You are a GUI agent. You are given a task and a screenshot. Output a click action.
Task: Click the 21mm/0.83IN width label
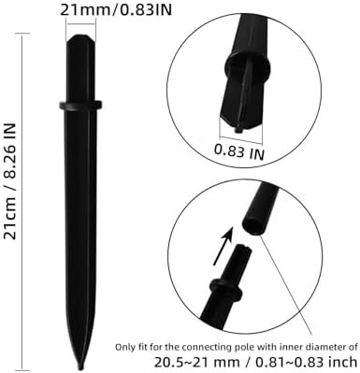pos(116,10)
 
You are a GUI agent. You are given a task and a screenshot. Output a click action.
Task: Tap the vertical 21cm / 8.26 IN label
pos(10,181)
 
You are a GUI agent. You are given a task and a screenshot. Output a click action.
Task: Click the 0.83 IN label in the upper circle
pos(239,151)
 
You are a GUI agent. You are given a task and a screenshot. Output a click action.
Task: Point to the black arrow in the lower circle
pos(223,246)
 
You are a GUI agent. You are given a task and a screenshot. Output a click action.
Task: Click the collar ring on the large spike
pos(80,105)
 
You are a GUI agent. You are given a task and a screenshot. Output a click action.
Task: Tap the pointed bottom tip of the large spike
pos(81,367)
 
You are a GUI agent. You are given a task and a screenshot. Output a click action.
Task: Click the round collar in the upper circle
pos(248,66)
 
